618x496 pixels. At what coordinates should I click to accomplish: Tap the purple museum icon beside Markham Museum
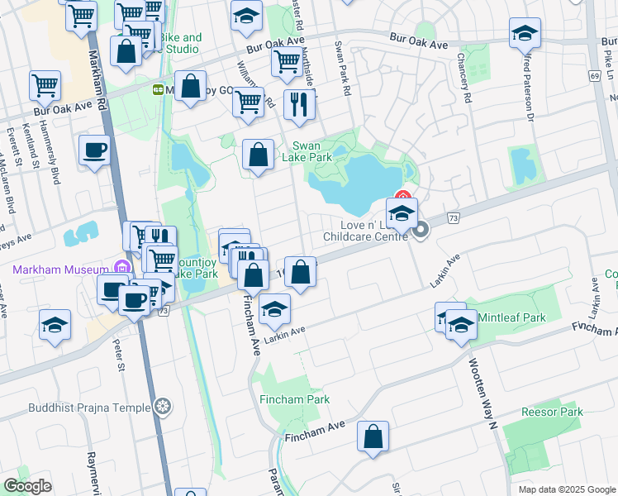(123, 267)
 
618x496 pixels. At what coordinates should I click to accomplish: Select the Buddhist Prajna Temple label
(89, 407)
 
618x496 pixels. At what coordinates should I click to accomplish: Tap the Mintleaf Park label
(511, 317)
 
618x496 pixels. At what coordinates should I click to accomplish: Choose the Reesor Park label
(552, 412)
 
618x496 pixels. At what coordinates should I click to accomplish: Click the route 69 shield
(594, 76)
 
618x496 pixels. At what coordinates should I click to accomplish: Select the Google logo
(27, 486)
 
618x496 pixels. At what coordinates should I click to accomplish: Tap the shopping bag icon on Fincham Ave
(373, 436)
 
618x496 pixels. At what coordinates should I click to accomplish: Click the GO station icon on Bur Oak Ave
(157, 89)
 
